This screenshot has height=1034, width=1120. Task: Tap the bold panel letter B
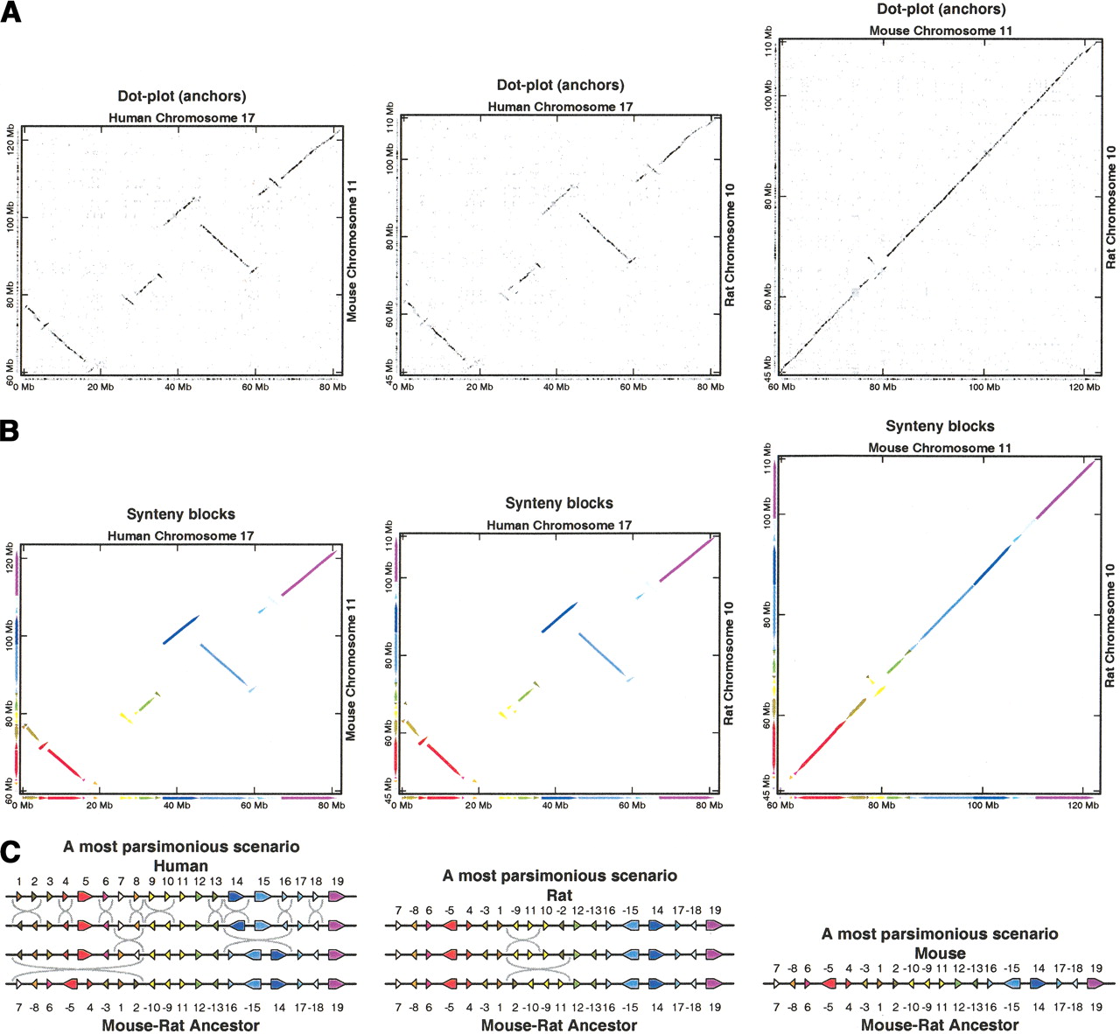click(10, 431)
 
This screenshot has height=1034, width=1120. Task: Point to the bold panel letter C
click(10, 850)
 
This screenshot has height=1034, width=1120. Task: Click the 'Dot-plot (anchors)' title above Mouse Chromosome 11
click(941, 10)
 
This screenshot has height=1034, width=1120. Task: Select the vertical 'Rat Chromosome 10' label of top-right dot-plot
click(1110, 207)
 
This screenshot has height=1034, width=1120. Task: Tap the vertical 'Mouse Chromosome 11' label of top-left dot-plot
click(352, 251)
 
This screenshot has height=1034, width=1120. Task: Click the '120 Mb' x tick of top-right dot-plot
click(1085, 387)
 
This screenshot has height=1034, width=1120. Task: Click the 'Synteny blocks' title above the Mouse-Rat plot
click(940, 426)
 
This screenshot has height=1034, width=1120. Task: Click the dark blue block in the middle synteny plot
click(558, 617)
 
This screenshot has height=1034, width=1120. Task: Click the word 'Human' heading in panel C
click(180, 866)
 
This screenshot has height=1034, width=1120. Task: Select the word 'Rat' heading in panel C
click(559, 895)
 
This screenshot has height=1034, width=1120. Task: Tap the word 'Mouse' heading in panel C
click(940, 954)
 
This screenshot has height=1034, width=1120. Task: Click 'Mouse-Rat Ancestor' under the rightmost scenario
click(940, 1025)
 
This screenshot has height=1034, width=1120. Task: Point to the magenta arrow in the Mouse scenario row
click(1095, 983)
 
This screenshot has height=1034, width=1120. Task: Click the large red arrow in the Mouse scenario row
click(828, 983)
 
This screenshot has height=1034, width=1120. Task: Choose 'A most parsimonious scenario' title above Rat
click(559, 876)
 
